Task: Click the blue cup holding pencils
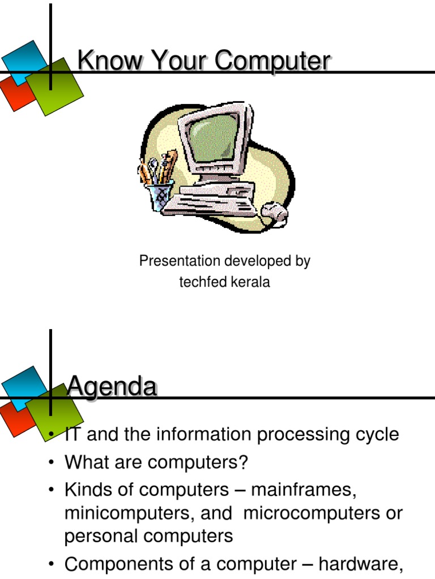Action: [161, 196]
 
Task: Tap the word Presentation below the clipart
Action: [180, 261]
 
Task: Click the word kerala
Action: [250, 283]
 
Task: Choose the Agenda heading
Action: [112, 387]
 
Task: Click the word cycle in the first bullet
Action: [375, 435]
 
